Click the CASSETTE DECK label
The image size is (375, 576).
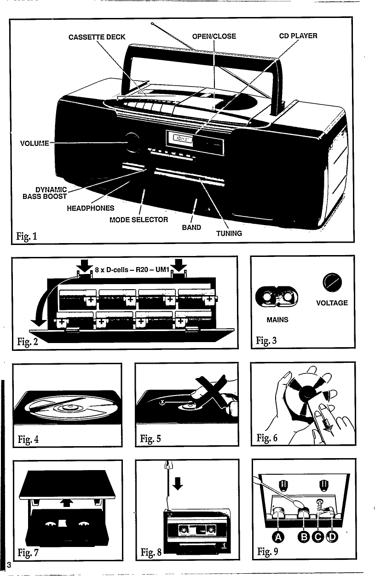[97, 37]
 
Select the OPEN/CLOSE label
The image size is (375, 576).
[214, 36]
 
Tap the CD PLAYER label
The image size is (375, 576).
[298, 36]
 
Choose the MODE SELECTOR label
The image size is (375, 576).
[138, 219]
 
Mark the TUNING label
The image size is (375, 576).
[229, 233]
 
